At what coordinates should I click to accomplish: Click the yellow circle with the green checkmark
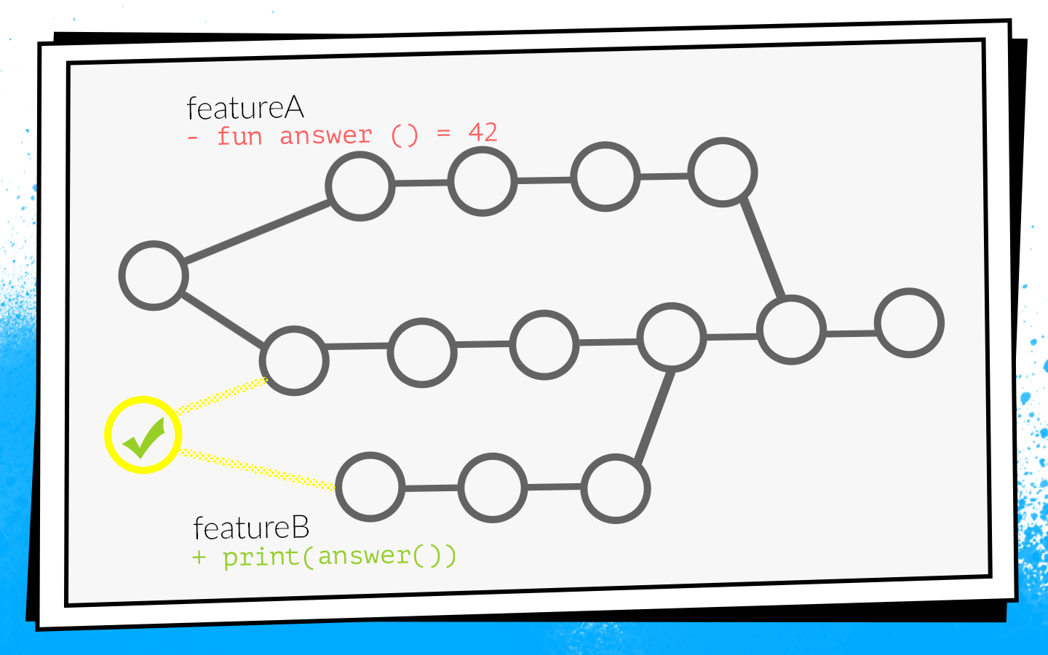click(143, 435)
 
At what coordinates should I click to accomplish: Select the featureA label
click(245, 108)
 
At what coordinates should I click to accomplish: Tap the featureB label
click(251, 528)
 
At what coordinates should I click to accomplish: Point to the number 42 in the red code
click(483, 132)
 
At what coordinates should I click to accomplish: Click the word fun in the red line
click(239, 136)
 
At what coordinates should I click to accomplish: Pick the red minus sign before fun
click(193, 137)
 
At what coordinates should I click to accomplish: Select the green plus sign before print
click(199, 558)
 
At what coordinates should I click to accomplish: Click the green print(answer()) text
click(339, 557)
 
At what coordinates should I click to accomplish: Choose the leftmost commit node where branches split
click(154, 276)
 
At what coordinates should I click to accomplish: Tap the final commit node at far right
click(909, 323)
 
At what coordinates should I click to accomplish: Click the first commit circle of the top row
click(360, 186)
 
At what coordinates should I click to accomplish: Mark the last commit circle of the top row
click(723, 172)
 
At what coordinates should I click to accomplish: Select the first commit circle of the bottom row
click(370, 487)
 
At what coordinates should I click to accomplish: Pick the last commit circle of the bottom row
click(616, 488)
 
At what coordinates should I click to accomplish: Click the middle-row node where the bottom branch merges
click(672, 338)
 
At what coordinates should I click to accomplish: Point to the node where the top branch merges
click(791, 330)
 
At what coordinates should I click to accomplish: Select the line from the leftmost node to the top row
click(256, 231)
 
